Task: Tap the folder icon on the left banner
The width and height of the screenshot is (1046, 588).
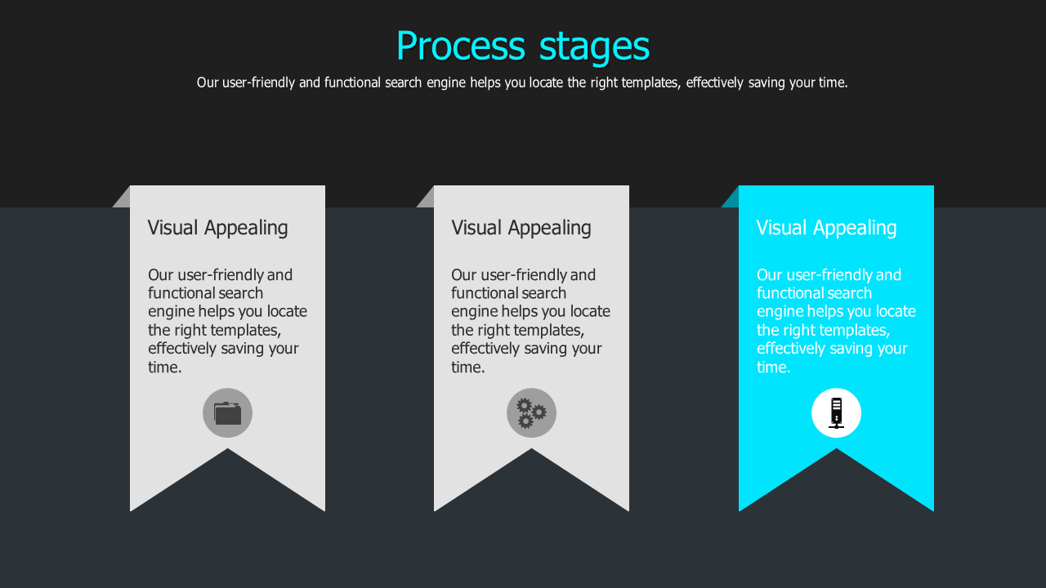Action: (227, 413)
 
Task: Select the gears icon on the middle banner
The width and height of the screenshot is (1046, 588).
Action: (531, 413)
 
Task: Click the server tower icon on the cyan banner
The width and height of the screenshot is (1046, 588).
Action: (836, 413)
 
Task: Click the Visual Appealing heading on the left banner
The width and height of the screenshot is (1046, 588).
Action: (217, 228)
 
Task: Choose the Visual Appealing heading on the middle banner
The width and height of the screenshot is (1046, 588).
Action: (521, 228)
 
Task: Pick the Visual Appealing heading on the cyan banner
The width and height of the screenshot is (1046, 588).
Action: (826, 228)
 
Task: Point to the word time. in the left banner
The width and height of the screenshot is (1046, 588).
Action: (164, 367)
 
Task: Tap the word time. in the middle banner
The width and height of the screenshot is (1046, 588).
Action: (468, 367)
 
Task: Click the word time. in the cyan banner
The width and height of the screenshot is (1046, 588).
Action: (773, 367)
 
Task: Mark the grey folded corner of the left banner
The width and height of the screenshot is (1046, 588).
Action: (123, 199)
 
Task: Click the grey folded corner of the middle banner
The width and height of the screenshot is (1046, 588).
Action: (427, 199)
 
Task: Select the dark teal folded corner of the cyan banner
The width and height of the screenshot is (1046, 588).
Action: (732, 199)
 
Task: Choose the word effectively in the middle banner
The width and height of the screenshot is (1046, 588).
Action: (489, 349)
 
